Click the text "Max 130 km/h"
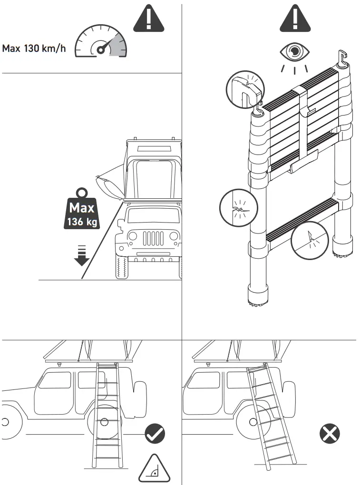[x=34, y=48]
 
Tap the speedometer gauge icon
[x=101, y=41]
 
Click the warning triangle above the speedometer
[x=148, y=19]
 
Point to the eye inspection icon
[x=295, y=52]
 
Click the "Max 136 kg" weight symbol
[x=82, y=209]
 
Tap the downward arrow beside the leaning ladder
[x=82, y=256]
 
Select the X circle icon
[x=330, y=433]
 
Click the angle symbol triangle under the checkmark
[x=154, y=469]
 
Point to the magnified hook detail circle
[x=245, y=89]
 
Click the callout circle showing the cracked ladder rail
[x=238, y=208]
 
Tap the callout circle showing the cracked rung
[x=310, y=241]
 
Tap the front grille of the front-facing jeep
[x=153, y=239]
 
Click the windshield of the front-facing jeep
[x=154, y=215]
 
